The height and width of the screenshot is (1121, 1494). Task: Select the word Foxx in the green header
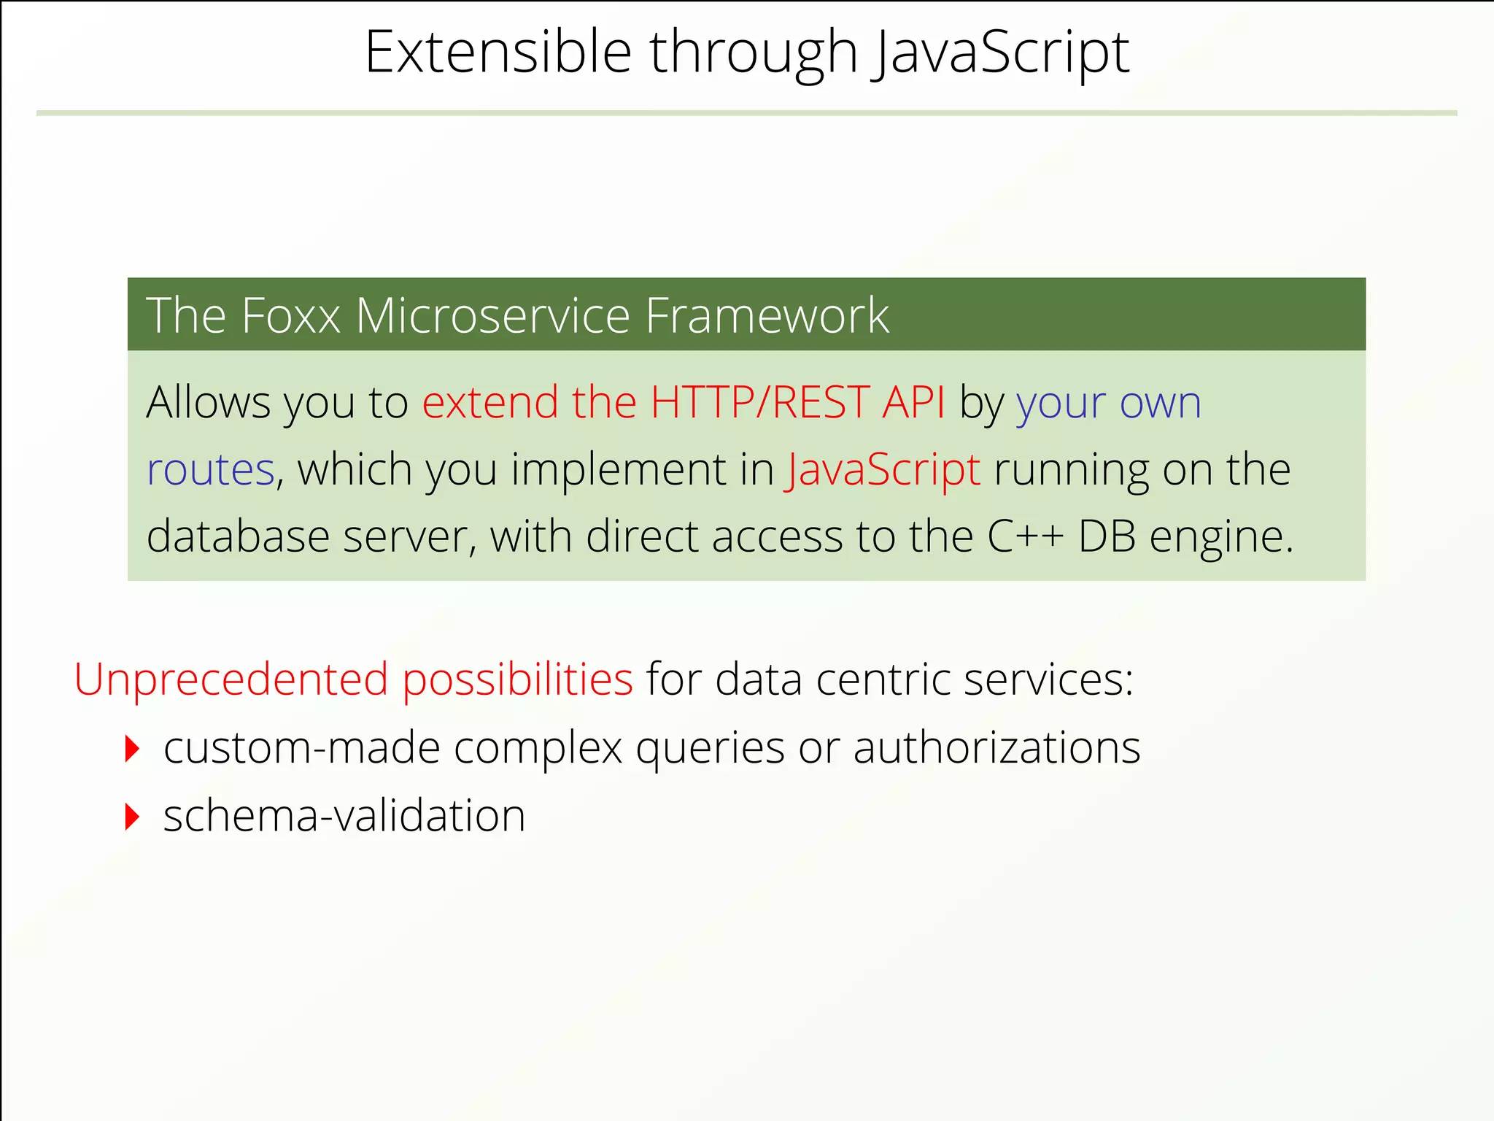pyautogui.click(x=290, y=315)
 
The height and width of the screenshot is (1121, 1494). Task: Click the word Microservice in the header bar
pyautogui.click(x=492, y=315)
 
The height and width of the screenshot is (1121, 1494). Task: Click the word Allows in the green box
pyautogui.click(x=208, y=402)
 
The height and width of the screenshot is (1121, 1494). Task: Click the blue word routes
pyautogui.click(x=211, y=469)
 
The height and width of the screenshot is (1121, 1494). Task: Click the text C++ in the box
pyautogui.click(x=1024, y=536)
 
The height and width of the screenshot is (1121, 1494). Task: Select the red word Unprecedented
pyautogui.click(x=231, y=679)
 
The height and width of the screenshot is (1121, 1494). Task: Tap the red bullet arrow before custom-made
pyautogui.click(x=132, y=749)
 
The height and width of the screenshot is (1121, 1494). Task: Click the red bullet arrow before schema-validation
pyautogui.click(x=132, y=817)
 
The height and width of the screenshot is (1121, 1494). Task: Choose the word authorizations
pyautogui.click(x=996, y=748)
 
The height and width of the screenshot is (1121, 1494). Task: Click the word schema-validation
pyautogui.click(x=344, y=816)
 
